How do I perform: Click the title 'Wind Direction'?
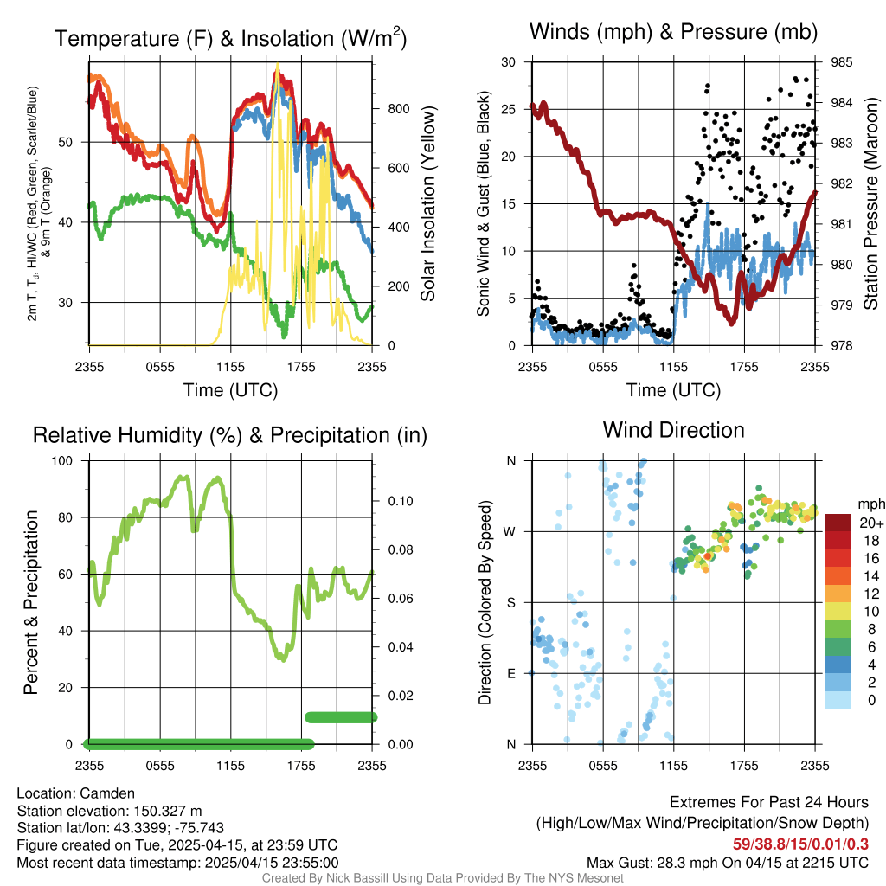pyautogui.click(x=673, y=430)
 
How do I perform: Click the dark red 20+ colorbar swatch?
pyautogui.click(x=838, y=523)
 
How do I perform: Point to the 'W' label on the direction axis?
pyautogui.click(x=511, y=531)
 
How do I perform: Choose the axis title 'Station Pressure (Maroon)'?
pyautogui.click(x=870, y=204)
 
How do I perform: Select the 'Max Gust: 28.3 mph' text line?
pyautogui.click(x=727, y=862)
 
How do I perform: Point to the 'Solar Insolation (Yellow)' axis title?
pyautogui.click(x=428, y=204)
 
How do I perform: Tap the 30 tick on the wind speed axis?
pyautogui.click(x=508, y=62)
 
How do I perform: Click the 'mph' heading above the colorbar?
pyautogui.click(x=869, y=504)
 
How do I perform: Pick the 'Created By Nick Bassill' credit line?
pyautogui.click(x=442, y=878)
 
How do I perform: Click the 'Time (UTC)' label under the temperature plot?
pyautogui.click(x=230, y=390)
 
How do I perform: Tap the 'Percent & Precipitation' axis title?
pyautogui.click(x=30, y=602)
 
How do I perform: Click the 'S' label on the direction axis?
pyautogui.click(x=511, y=602)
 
